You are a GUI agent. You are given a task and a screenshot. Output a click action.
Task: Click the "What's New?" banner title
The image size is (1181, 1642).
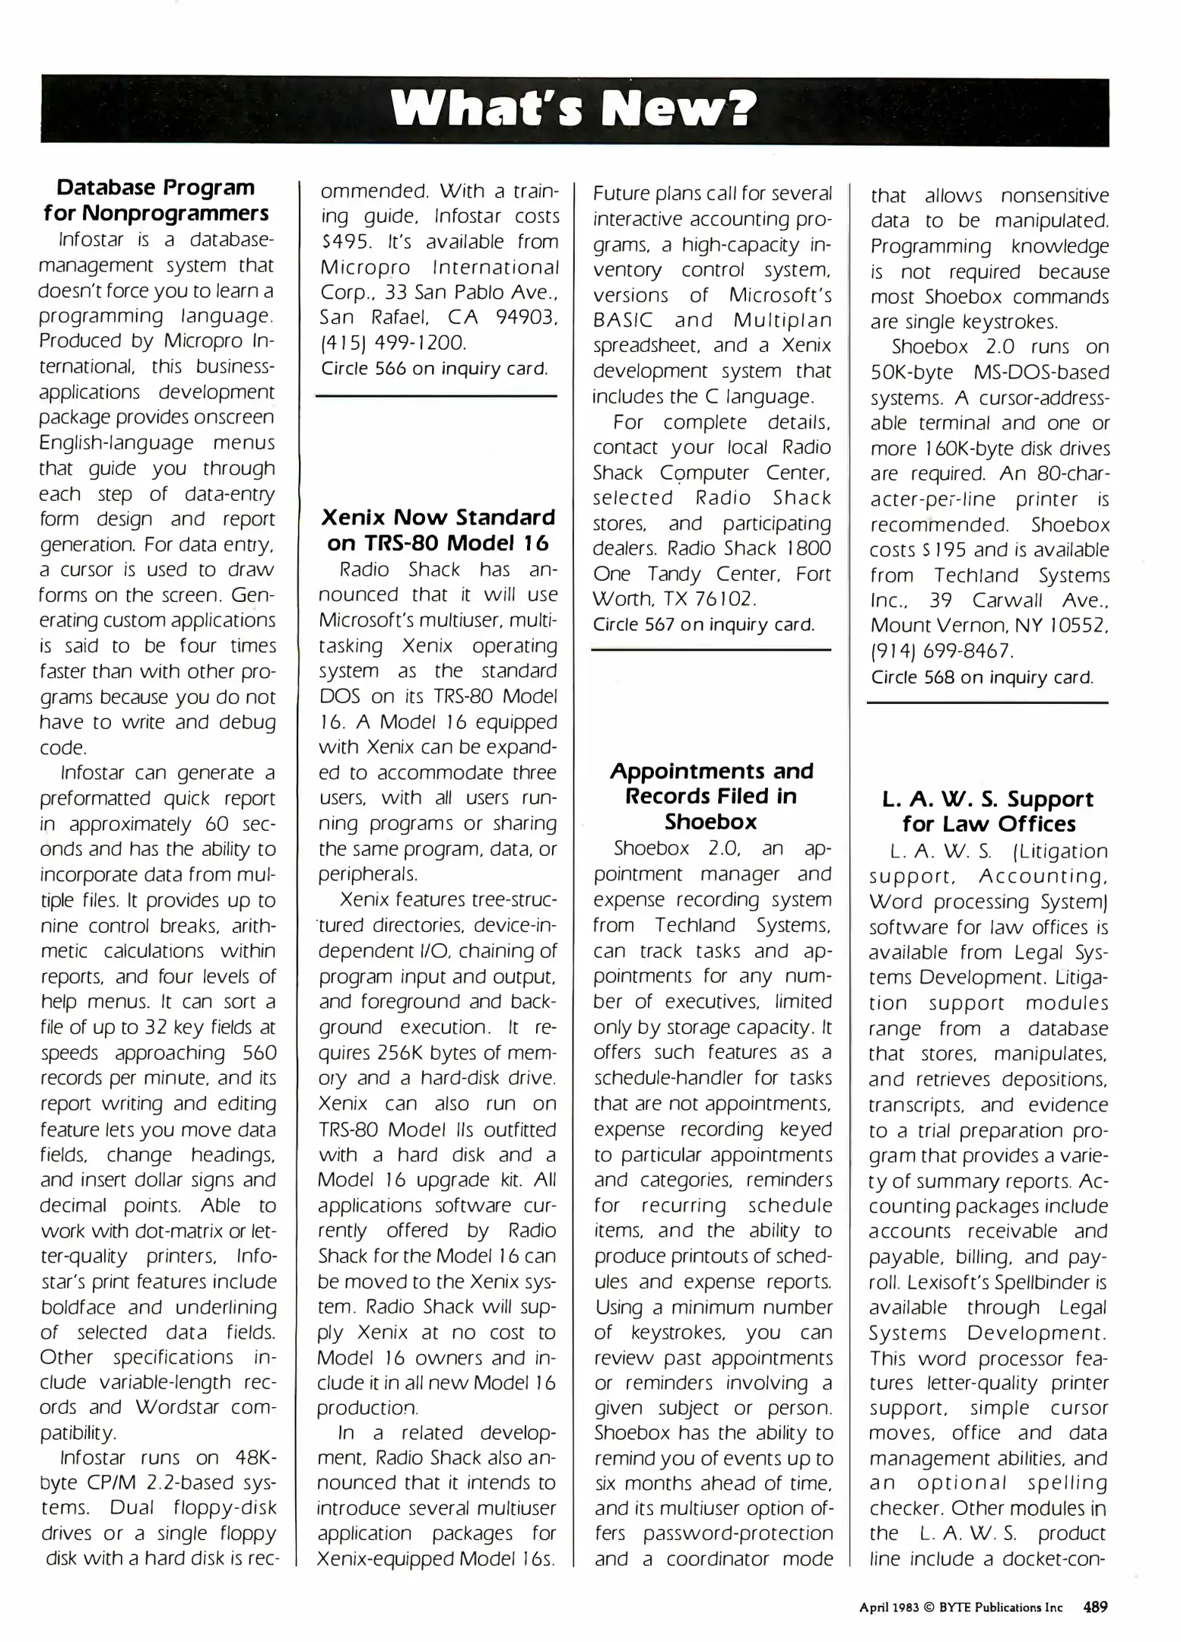[574, 110]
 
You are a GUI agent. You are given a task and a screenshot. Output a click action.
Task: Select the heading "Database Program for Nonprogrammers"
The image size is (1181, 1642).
[156, 199]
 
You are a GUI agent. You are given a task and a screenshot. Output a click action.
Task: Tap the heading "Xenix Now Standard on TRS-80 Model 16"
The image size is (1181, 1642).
[438, 530]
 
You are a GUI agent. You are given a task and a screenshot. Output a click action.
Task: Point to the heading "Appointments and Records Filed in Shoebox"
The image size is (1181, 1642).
[712, 796]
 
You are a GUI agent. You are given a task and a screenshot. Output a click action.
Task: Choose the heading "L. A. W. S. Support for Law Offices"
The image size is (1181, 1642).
[989, 811]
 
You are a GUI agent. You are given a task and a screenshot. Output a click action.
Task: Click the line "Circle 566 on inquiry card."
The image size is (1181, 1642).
[434, 369]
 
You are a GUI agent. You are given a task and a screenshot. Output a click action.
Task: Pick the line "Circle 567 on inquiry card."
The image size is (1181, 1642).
[703, 625]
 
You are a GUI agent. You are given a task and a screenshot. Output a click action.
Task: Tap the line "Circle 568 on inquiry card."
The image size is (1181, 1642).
[982, 677]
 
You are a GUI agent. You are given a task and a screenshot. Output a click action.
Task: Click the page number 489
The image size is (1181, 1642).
[1095, 1607]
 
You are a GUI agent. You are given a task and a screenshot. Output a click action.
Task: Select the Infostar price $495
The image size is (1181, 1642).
[340, 242]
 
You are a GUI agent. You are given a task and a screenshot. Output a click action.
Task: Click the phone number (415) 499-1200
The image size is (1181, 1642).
[392, 343]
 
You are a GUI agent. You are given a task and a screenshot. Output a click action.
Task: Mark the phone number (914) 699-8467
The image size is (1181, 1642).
[941, 651]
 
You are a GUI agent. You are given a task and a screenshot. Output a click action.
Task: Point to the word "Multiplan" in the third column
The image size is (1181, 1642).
[782, 320]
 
